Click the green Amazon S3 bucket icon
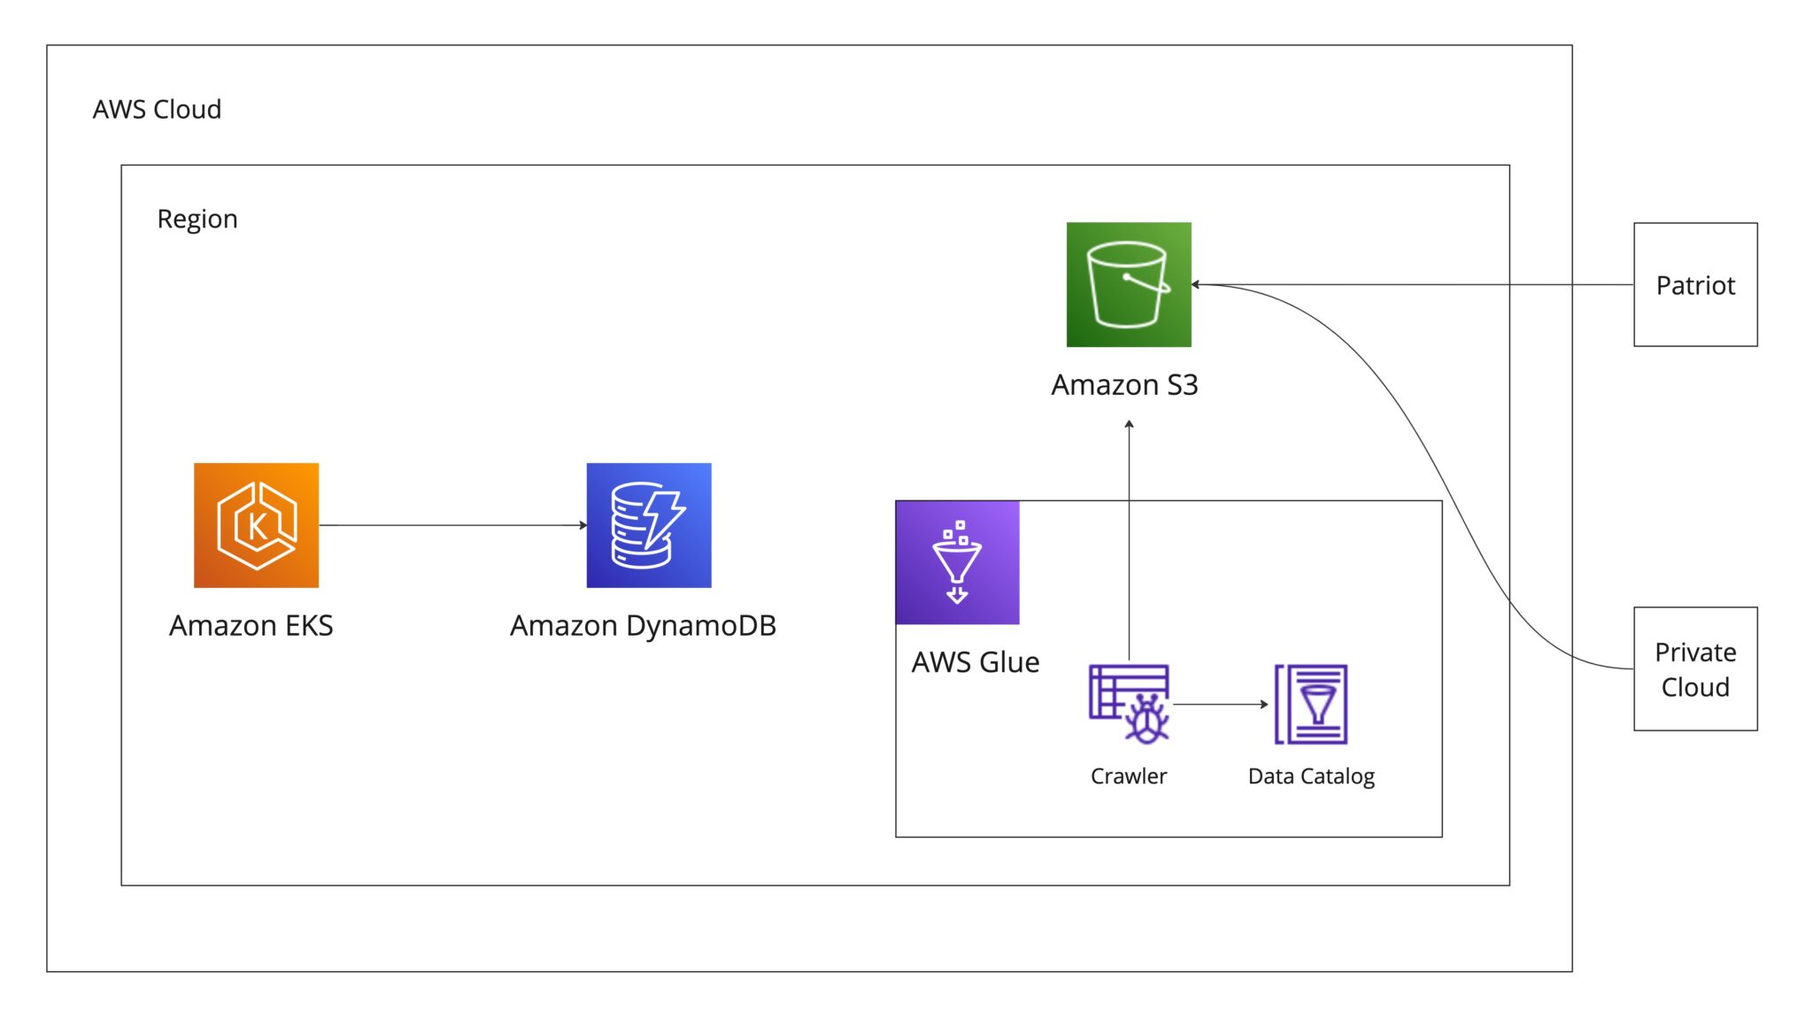[1129, 284]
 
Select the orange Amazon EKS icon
[256, 525]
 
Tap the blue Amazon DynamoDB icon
[648, 525]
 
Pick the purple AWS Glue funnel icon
[957, 562]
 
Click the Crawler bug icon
[1130, 704]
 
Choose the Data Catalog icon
[1311, 704]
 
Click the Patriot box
[1695, 284]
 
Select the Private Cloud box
[1695, 668]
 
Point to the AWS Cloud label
[157, 110]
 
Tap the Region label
[197, 219]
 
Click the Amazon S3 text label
[1124, 385]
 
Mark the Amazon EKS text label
[251, 626]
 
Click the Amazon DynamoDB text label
[643, 626]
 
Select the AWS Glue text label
[976, 662]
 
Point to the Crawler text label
[1129, 777]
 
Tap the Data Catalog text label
[1311, 777]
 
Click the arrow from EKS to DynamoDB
[451, 525]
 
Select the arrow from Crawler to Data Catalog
[1220, 704]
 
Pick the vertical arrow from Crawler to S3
[1130, 540]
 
